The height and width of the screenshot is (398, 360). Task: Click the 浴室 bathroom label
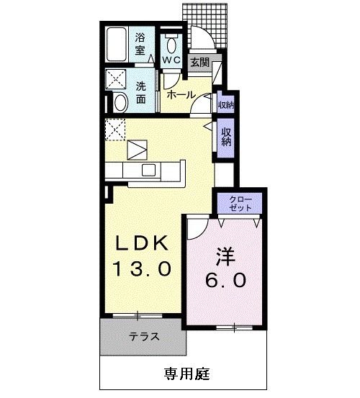(140, 44)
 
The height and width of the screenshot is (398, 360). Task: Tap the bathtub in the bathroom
(117, 45)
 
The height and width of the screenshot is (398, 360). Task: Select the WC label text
(171, 60)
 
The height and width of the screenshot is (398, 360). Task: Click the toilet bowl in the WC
(171, 45)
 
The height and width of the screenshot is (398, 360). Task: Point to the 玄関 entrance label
(200, 62)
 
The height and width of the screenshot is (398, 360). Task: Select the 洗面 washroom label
(140, 92)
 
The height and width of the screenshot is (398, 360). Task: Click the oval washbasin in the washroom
(120, 102)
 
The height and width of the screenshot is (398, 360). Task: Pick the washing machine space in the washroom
(116, 79)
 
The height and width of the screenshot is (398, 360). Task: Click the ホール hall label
(181, 95)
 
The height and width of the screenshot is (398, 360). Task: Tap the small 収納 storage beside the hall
(225, 104)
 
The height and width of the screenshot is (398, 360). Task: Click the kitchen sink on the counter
(148, 170)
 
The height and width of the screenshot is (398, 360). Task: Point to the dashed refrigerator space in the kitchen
(115, 130)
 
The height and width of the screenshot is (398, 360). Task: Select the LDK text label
(142, 243)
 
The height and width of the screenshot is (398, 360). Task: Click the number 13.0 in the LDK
(142, 268)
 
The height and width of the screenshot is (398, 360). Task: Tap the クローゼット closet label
(240, 204)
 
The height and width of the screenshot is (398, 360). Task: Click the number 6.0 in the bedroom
(225, 280)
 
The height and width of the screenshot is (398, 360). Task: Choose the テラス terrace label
(144, 337)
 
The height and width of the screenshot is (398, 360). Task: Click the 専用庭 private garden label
(187, 374)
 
